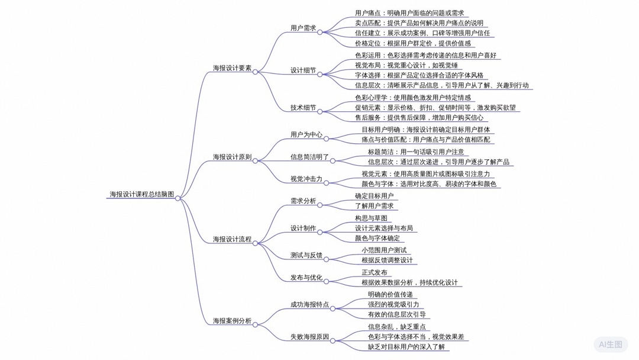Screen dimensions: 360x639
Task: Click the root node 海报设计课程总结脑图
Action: (141, 194)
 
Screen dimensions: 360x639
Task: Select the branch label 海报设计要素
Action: (232, 68)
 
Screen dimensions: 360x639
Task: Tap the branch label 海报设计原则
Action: (232, 157)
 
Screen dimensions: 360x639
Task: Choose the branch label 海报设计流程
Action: (232, 239)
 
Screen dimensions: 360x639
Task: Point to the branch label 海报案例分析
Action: (232, 321)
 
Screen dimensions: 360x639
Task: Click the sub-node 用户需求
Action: (303, 28)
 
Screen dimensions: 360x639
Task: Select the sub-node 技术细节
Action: (303, 108)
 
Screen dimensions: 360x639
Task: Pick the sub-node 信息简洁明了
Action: (309, 157)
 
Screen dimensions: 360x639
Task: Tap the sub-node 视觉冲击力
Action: (306, 179)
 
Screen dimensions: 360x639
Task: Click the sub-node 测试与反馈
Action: (306, 255)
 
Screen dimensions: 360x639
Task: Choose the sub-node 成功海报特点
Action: (309, 304)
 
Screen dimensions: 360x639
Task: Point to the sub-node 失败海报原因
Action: (309, 337)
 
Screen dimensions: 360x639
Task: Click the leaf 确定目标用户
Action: (374, 195)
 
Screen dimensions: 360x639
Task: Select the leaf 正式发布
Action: (375, 272)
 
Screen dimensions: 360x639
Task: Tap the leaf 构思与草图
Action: (371, 218)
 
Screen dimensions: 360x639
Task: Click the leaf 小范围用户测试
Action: (385, 250)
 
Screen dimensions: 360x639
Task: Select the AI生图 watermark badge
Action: (611, 344)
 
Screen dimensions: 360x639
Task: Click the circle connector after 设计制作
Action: (320, 232)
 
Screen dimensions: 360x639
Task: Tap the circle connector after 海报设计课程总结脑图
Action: (177, 198)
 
